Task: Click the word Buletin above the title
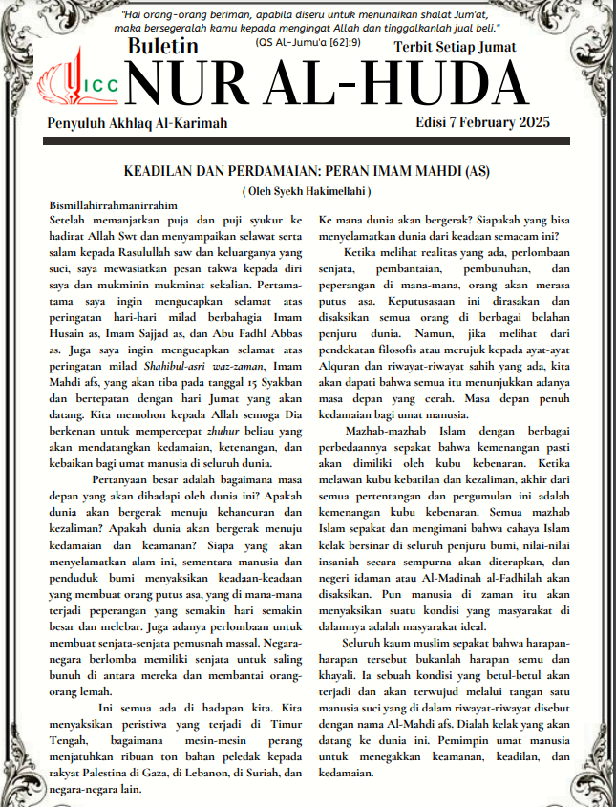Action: coord(162,46)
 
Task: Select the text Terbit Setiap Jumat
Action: coord(455,46)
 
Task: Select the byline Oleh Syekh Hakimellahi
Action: coord(307,191)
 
